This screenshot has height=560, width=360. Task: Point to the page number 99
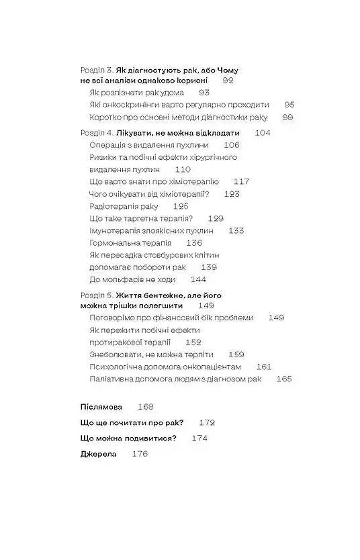coord(287,117)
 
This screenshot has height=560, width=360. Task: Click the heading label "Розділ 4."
coord(96,133)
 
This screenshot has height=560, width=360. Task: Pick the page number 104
coord(263,133)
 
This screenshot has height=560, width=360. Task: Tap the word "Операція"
coord(109,145)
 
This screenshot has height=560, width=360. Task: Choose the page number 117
coord(241,181)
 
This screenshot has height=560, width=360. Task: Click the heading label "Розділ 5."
coord(96,294)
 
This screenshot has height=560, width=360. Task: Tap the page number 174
coord(199,438)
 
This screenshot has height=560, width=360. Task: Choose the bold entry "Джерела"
coord(98,454)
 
